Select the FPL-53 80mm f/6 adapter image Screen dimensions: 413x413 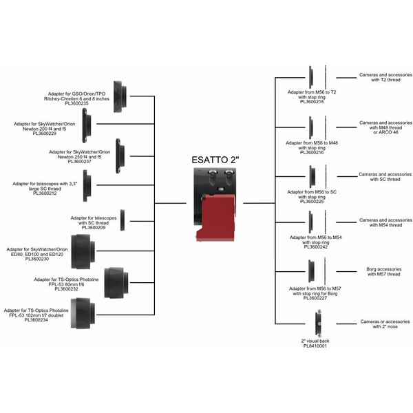116,281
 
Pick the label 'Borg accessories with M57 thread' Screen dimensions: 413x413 379,271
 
